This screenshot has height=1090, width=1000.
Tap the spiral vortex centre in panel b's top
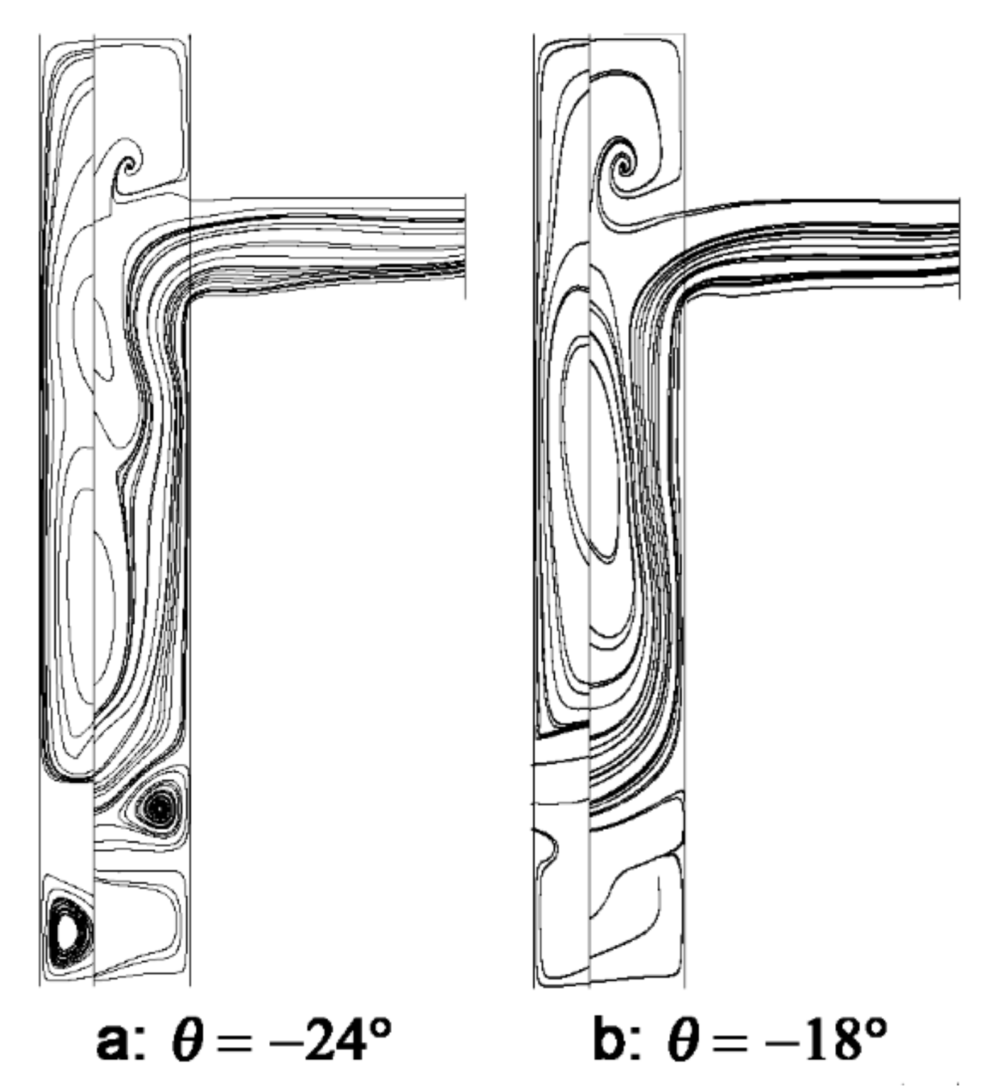coord(623,167)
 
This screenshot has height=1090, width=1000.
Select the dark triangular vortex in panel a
coord(160,806)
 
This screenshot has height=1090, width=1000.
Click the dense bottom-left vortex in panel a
coord(66,931)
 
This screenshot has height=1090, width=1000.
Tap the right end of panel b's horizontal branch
coord(958,248)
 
